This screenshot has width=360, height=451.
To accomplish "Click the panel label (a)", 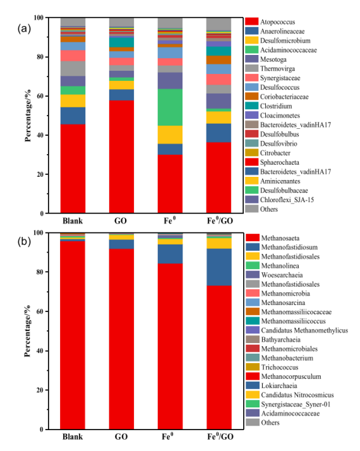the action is point(24,29).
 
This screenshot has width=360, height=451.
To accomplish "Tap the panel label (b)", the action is point(24,241).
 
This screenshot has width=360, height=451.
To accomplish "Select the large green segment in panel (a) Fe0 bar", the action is point(171,107).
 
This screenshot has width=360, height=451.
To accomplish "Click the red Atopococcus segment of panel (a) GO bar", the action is point(121,157).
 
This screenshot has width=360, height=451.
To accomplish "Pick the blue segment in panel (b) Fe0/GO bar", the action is point(219,267).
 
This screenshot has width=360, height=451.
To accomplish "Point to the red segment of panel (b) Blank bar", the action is point(73,335).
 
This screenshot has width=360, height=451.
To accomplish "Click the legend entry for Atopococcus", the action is point(270,22).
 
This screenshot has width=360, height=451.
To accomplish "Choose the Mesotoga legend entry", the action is point(266,59).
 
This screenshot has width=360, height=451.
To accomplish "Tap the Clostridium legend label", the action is point(269,106).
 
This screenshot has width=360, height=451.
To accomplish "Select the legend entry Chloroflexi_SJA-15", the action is point(280,200).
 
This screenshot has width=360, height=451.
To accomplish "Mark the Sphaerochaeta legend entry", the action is point(272,162).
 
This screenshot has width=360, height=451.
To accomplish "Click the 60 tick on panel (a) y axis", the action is point(40,96).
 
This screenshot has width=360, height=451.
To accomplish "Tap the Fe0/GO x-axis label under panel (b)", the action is point(220,436).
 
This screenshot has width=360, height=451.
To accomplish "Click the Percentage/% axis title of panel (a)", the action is point(28,116).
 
